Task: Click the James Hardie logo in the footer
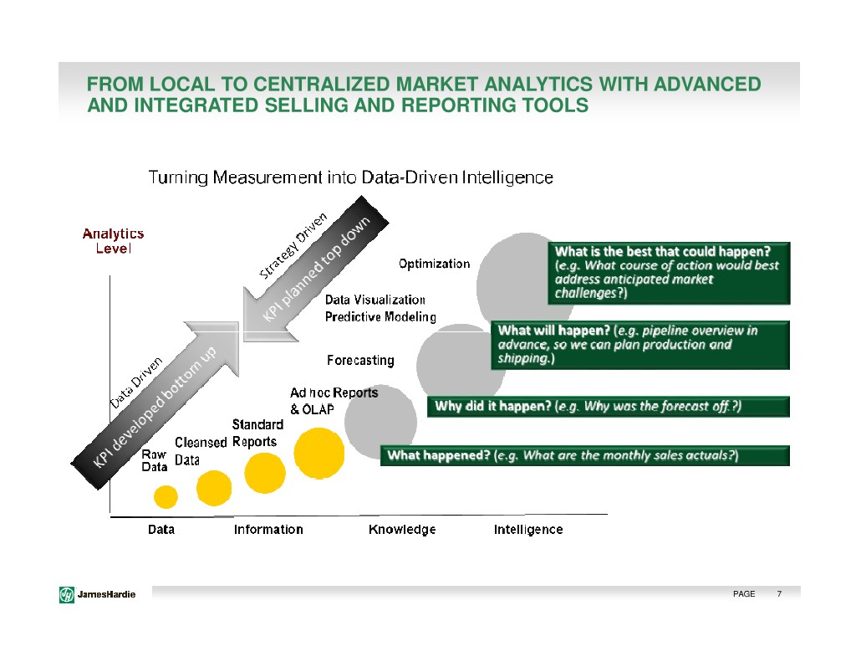coord(98,594)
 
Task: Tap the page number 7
coord(779,594)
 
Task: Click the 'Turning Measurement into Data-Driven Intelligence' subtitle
coord(350,177)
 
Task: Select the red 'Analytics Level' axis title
coord(113,241)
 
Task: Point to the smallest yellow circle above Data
coord(166,496)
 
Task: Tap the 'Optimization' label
coord(434,264)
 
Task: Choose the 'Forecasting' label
coord(359,361)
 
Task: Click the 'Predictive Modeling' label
coord(380,316)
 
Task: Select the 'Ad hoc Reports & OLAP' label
coord(334,401)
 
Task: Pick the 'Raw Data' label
coord(154,460)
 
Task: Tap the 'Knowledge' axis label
coord(402,530)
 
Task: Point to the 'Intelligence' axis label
coord(528,530)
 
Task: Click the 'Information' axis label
coord(268,530)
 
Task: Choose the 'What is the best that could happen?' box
coord(669,272)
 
